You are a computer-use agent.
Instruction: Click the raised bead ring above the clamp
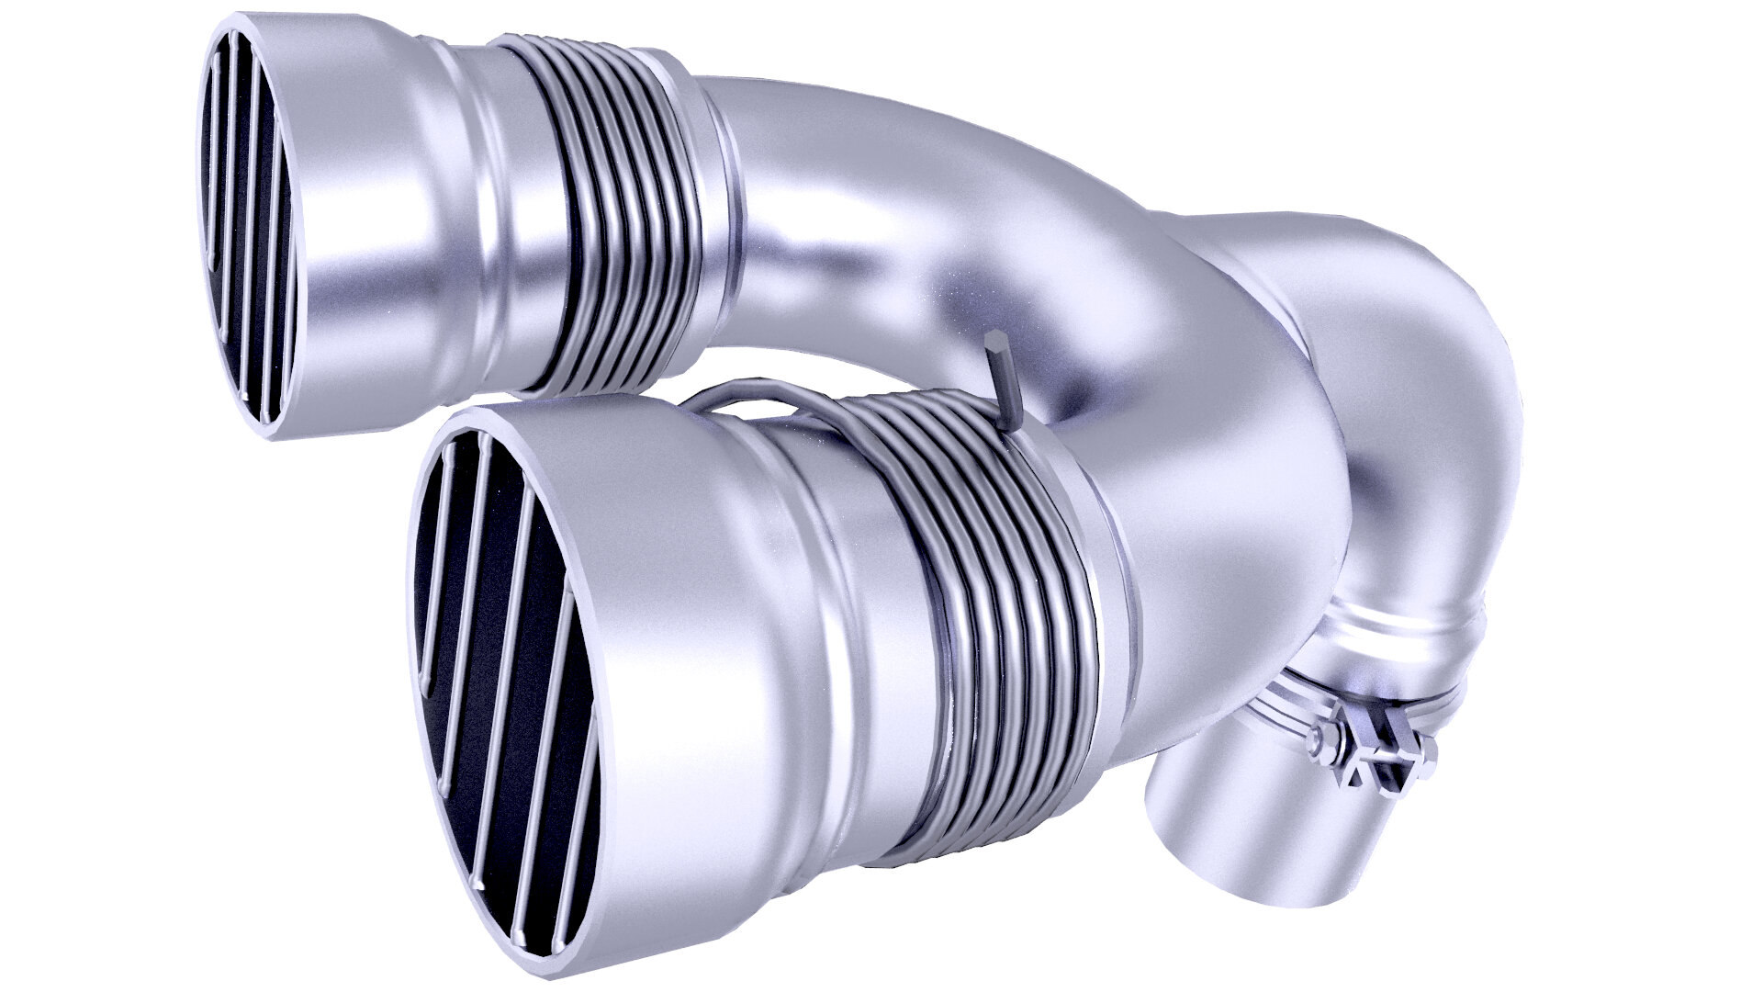tap(1405, 634)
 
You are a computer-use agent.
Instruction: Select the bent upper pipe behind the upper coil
tap(918, 202)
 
